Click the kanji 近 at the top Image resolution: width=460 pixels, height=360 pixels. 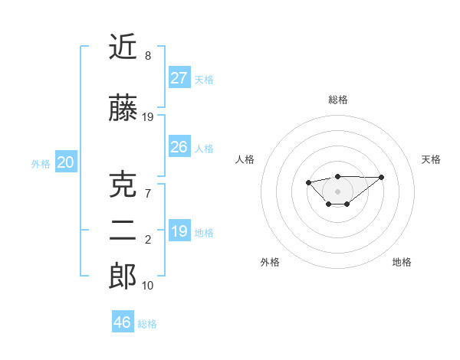123,47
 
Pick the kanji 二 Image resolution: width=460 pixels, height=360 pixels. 123,232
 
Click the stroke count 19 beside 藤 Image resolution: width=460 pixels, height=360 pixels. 148,117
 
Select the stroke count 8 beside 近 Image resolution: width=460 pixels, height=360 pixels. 148,56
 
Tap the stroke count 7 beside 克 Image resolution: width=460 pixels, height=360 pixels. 148,194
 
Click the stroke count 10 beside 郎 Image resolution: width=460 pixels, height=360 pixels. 148,286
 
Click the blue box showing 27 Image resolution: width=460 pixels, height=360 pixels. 179,77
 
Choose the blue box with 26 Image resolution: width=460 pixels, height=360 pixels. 179,147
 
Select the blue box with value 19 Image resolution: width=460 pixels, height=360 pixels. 179,231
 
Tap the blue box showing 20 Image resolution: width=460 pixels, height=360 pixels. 65,162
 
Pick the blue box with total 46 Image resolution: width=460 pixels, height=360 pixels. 123,322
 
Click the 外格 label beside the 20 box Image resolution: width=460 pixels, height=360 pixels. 41,163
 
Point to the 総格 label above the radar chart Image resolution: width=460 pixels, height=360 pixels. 337,100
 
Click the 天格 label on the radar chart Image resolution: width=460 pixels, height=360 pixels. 431,159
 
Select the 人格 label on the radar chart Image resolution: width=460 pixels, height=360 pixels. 245,159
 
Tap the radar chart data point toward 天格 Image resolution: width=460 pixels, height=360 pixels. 382,177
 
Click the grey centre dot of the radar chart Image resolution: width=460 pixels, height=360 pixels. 337,191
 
